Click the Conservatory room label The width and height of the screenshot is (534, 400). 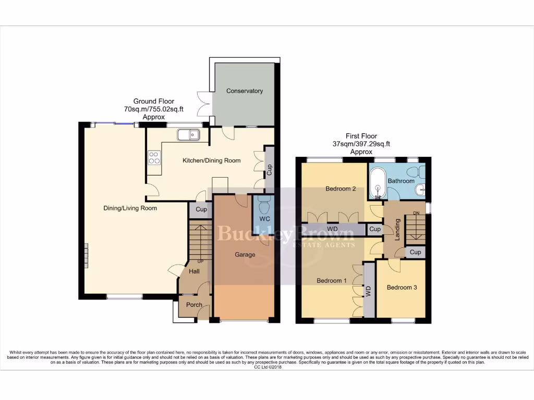point(244,91)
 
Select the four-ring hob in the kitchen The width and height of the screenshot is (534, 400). point(154,157)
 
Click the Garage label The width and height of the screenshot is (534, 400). point(245,255)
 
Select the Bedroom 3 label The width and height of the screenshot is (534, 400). point(402,287)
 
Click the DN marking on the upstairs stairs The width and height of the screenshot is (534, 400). point(416,213)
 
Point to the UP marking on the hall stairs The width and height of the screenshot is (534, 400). point(200,261)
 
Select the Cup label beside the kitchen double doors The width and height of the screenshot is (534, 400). point(269,170)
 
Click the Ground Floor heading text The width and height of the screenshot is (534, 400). point(153,102)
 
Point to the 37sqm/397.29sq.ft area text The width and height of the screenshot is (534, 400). point(361,144)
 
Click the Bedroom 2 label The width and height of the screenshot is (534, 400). point(341,189)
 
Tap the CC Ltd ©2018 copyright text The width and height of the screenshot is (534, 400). point(267,367)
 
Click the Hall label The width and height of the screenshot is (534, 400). point(195,271)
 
